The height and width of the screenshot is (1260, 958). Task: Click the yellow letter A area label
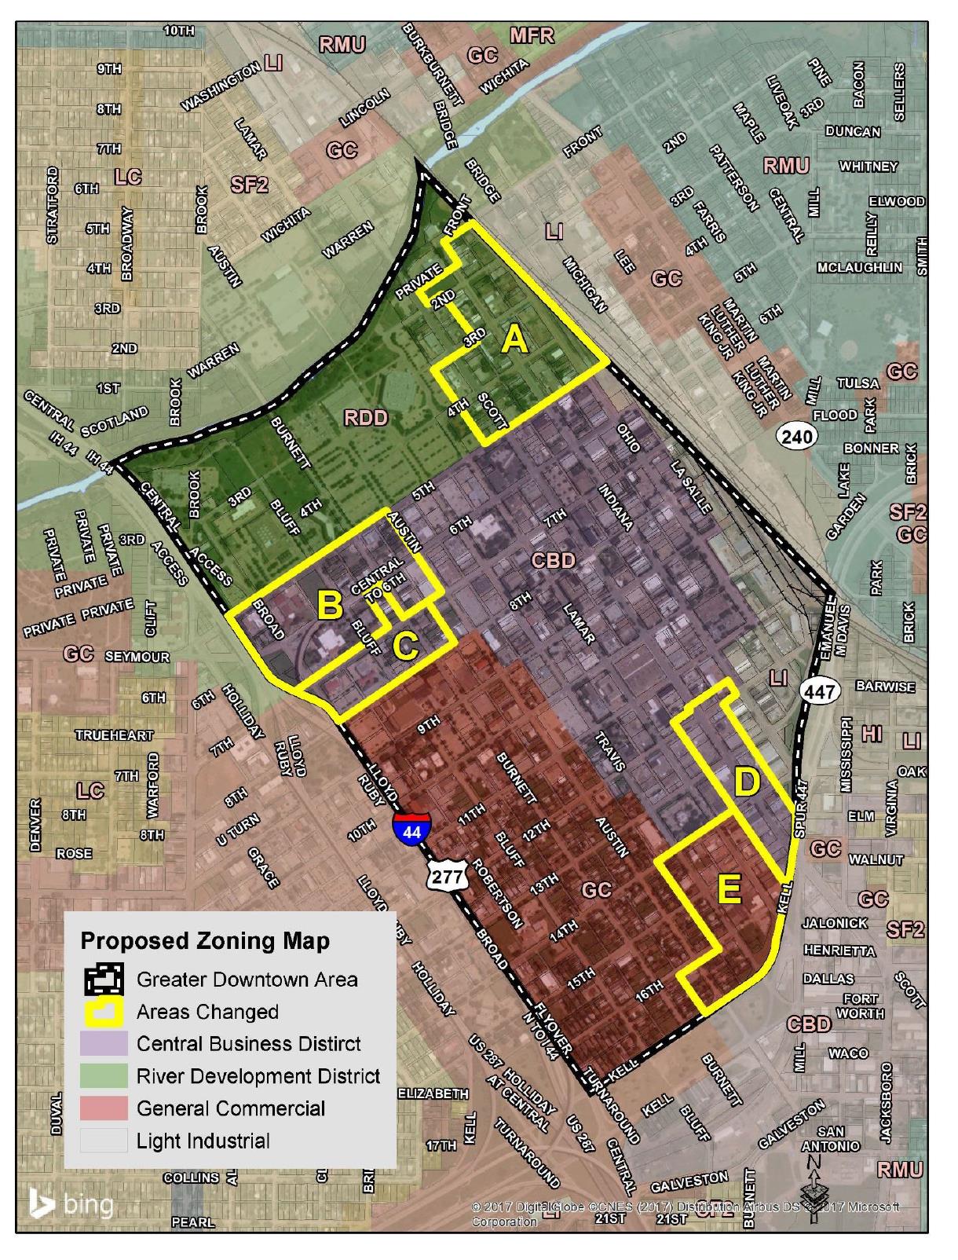coord(514,339)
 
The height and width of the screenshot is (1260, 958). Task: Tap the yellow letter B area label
coord(330,605)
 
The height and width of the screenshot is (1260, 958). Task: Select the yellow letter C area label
coord(405,646)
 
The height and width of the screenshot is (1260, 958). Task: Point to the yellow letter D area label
coord(747,782)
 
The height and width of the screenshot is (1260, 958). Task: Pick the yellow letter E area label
coord(729,890)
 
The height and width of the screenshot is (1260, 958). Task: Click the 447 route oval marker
coord(821,691)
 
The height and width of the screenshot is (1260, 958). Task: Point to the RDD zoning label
coord(366,417)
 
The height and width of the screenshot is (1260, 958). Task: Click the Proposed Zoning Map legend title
coord(205,941)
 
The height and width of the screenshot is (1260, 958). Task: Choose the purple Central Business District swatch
coord(103,1044)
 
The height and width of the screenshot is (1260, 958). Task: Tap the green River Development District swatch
coord(103,1076)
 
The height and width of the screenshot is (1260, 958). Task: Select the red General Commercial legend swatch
coord(103,1108)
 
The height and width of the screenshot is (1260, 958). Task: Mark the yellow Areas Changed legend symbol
coord(103,1012)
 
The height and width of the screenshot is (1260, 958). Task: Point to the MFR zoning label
coord(532,35)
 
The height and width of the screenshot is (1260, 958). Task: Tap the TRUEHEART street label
coord(115,735)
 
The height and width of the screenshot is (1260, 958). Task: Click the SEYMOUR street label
coord(137,656)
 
